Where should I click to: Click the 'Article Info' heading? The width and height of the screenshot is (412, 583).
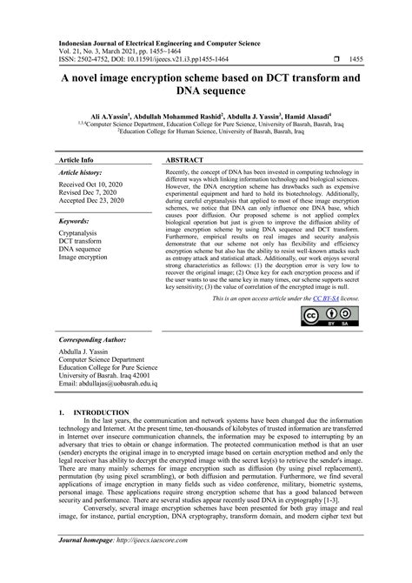pos(77,161)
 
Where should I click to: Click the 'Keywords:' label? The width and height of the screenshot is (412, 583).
pos(75,222)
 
